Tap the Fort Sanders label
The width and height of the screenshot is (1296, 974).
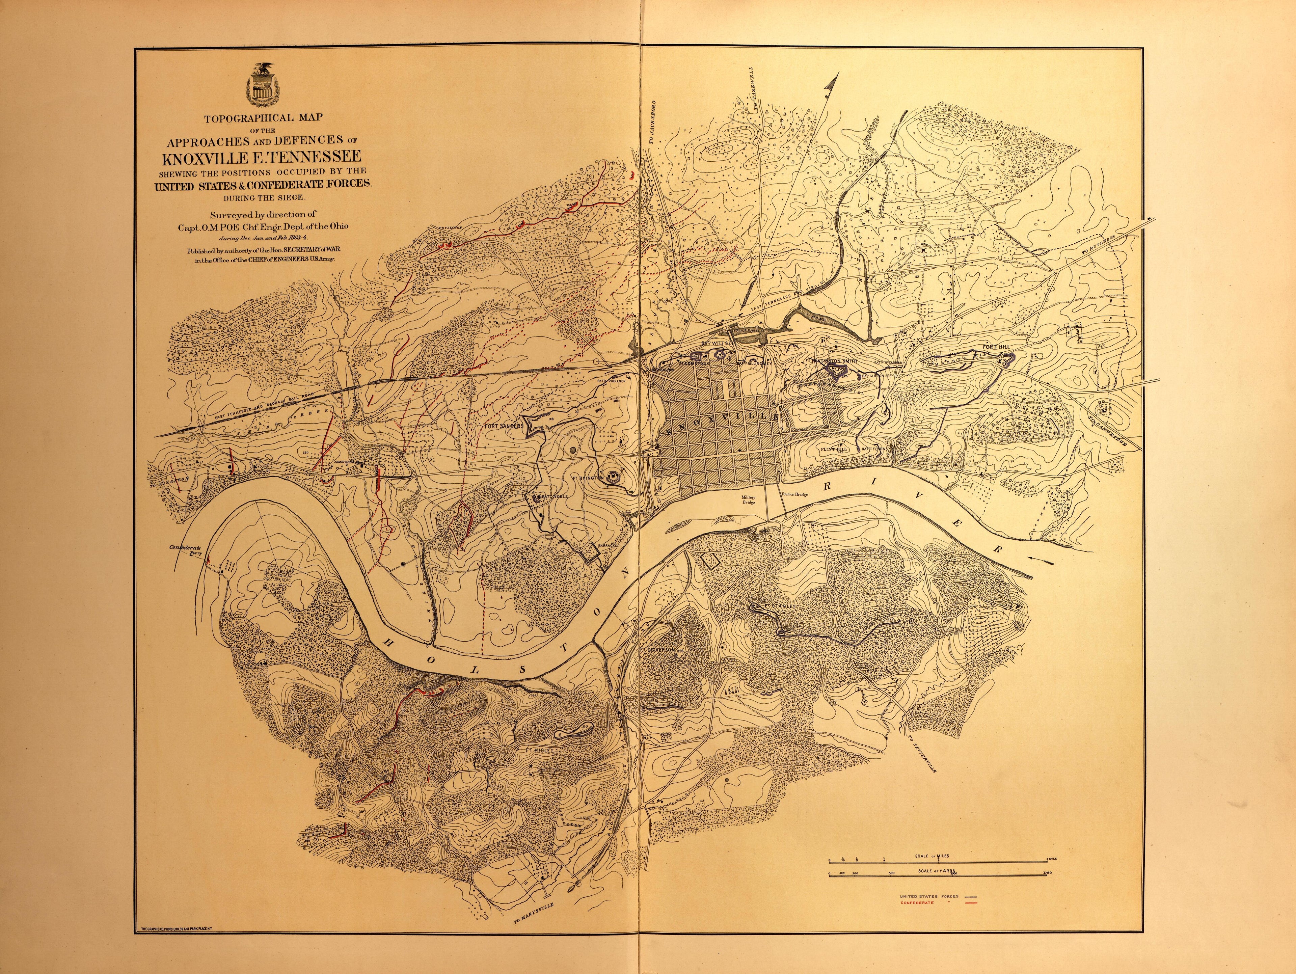coord(504,427)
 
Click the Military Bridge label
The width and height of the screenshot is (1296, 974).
coord(749,499)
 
